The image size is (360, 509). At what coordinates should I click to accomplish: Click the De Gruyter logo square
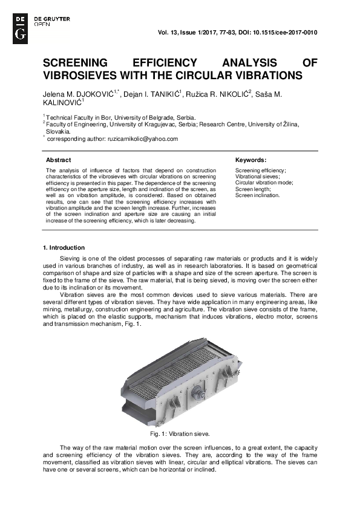click(x=20, y=27)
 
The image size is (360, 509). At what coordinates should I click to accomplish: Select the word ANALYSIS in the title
click(x=248, y=63)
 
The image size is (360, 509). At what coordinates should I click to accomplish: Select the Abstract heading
click(x=59, y=160)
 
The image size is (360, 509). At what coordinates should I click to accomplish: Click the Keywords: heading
click(x=250, y=160)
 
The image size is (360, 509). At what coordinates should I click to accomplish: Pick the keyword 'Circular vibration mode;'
click(x=264, y=183)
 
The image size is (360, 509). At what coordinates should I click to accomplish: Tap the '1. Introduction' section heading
click(x=64, y=248)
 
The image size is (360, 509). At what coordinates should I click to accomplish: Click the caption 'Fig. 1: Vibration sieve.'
click(x=180, y=434)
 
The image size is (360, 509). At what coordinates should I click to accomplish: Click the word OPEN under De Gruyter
click(x=42, y=25)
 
